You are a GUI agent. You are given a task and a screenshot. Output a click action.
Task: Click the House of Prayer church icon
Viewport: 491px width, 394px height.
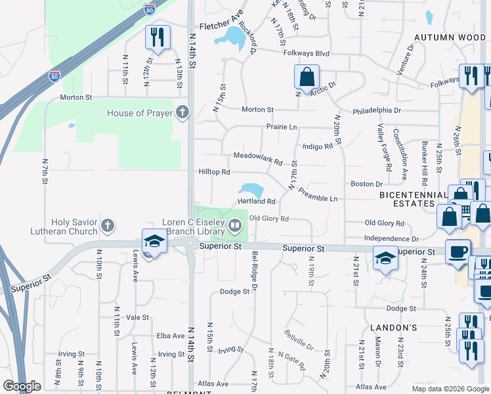[x=182, y=113]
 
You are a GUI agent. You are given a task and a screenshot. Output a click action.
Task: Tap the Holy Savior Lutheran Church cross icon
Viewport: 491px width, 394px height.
[x=108, y=227]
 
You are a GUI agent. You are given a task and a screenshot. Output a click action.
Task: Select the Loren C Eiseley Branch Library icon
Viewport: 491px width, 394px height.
[x=234, y=227]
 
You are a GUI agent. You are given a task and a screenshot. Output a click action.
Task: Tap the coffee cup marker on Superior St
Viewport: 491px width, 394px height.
[x=458, y=251]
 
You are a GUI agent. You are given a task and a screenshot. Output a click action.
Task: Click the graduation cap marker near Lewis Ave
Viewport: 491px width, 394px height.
[x=154, y=242]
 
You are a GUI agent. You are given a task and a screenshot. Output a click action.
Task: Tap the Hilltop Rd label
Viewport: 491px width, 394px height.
[x=214, y=172]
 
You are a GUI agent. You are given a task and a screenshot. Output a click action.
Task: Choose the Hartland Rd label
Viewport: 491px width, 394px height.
[x=255, y=202]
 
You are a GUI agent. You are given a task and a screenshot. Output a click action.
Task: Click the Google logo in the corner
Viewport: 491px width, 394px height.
[x=22, y=386]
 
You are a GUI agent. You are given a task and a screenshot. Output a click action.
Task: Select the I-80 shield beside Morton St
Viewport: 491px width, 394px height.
[x=54, y=76]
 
